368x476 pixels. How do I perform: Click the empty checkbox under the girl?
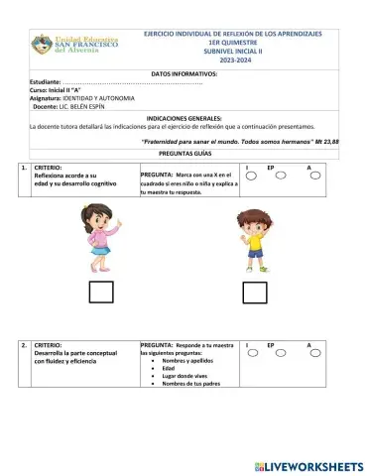pos(101,293)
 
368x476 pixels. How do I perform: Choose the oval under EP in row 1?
pos(282,176)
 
